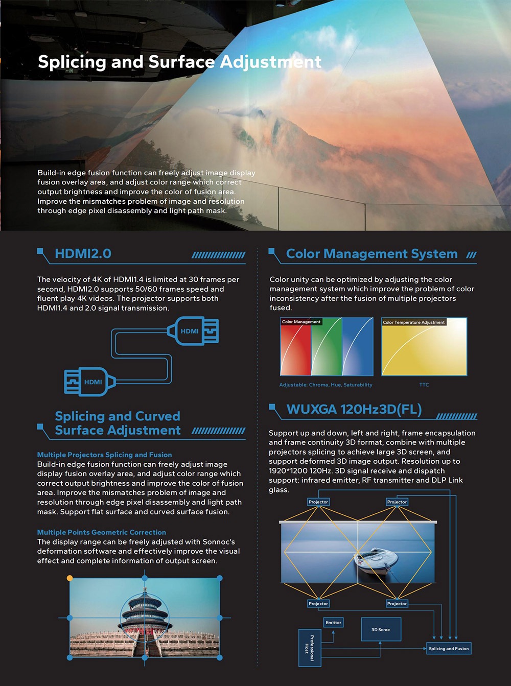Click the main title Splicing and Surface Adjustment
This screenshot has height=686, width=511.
pyautogui.click(x=179, y=62)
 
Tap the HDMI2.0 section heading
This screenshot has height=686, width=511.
pyautogui.click(x=83, y=254)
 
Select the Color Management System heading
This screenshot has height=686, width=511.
pyautogui.click(x=371, y=254)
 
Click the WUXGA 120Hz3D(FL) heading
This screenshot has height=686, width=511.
pyautogui.click(x=354, y=410)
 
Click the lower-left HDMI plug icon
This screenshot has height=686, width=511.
pyautogui.click(x=87, y=382)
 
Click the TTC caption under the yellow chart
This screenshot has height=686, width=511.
pyautogui.click(x=424, y=385)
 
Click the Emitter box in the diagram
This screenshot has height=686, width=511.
pyautogui.click(x=333, y=623)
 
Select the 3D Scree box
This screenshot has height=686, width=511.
pyautogui.click(x=381, y=629)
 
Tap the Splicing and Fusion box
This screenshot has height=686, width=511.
pyautogui.click(x=449, y=649)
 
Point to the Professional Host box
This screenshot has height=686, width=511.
pyautogui.click(x=309, y=648)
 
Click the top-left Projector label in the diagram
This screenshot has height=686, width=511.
pyautogui.click(x=318, y=502)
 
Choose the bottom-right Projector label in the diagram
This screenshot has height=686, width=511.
pyautogui.click(x=397, y=604)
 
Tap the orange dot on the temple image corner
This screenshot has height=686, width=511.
pyautogui.click(x=70, y=578)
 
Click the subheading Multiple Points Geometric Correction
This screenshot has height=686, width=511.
pyautogui.click(x=101, y=532)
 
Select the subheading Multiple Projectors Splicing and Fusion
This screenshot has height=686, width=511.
pyautogui.click(x=104, y=455)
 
